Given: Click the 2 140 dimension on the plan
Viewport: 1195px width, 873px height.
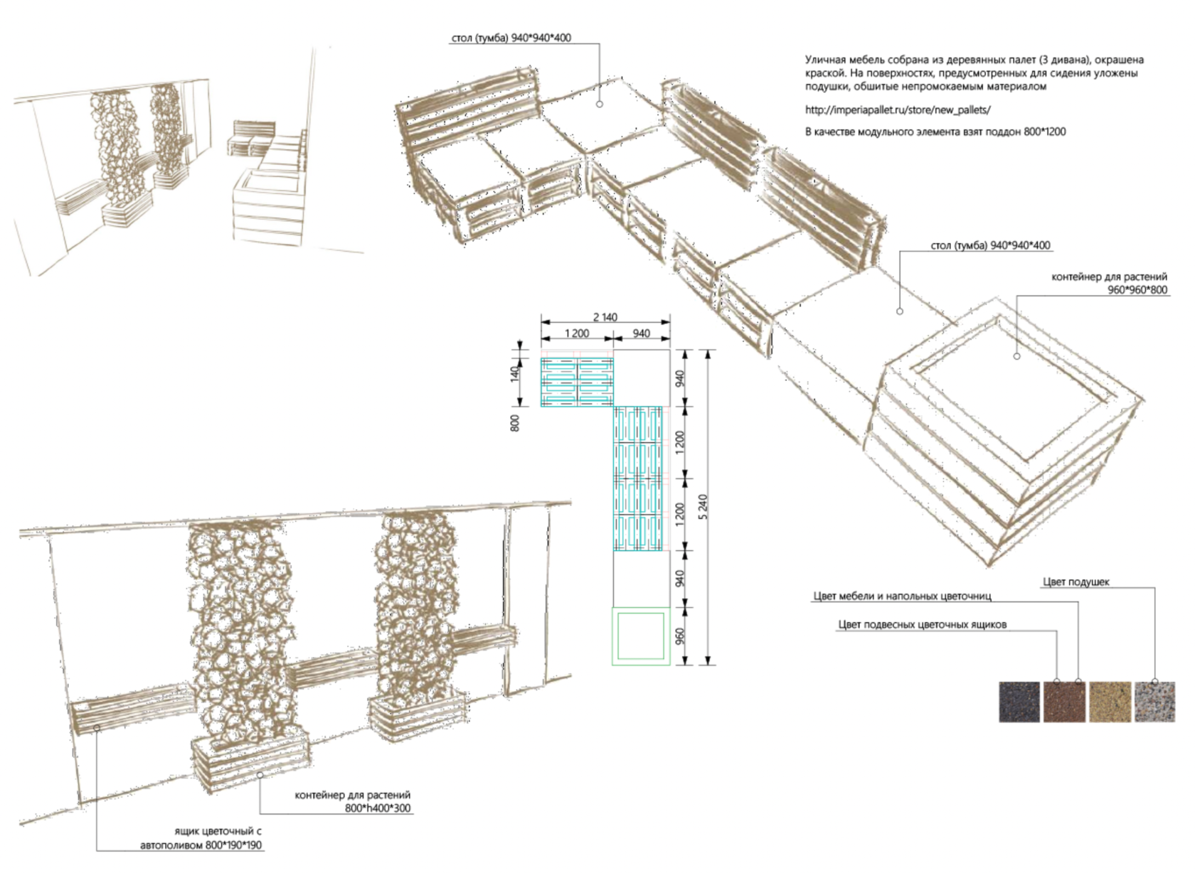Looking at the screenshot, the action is [605, 317].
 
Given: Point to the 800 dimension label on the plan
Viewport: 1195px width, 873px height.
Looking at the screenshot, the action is [516, 422].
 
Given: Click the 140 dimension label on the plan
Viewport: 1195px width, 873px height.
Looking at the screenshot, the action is [516, 370].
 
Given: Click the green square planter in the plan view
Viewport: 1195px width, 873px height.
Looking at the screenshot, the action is [640, 636].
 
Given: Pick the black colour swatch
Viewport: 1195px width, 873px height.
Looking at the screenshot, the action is [1019, 702].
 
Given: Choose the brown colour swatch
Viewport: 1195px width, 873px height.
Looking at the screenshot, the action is [1064, 702].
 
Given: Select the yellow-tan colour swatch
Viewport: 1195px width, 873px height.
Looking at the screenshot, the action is [1110, 702].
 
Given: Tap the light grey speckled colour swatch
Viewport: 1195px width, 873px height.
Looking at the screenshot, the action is [1154, 702].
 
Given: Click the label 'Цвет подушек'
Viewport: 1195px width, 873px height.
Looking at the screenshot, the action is [1075, 582].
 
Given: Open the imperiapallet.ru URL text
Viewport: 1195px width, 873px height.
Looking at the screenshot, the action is [898, 110].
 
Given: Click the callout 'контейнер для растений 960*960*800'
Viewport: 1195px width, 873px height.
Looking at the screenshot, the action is [1109, 283].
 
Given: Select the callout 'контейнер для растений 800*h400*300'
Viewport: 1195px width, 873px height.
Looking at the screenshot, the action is [353, 801].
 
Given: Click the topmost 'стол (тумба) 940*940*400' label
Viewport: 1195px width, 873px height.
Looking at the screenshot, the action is [511, 38].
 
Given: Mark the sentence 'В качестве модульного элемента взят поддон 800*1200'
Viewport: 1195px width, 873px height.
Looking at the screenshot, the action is [935, 132].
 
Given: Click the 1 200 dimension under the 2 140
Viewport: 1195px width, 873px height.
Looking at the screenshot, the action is [577, 333].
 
